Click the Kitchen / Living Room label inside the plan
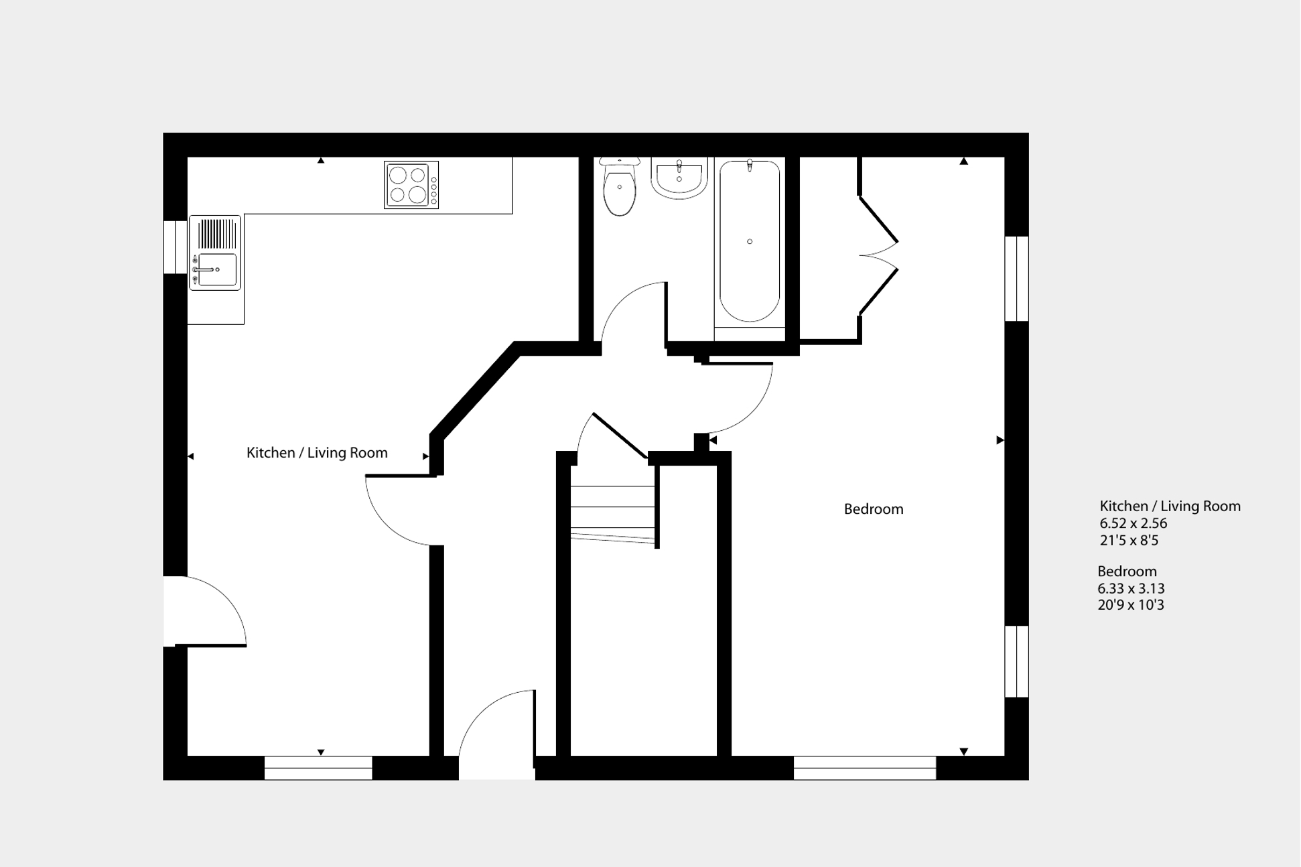pos(317,453)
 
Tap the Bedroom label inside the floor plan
pos(873,509)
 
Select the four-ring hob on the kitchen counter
pos(411,185)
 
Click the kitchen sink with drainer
pos(215,253)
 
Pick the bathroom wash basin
pos(679,178)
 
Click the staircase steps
pos(612,513)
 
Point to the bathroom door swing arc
pos(633,315)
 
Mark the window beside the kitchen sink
pos(175,247)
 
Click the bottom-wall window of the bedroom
pos(864,768)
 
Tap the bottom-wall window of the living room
pos(318,768)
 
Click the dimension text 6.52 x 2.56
pos(1133,523)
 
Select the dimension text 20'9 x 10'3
pos(1130,605)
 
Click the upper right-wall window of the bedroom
pos(1016,279)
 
